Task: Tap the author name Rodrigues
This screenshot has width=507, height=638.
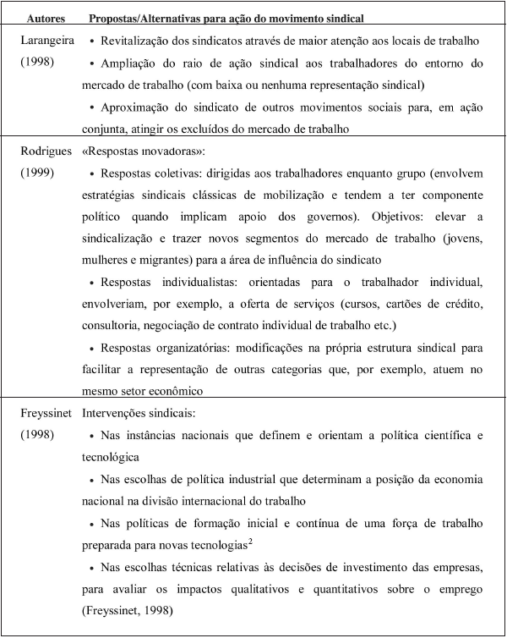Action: (49, 151)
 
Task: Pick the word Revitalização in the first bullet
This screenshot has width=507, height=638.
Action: (137, 40)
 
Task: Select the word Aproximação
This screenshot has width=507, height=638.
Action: (138, 107)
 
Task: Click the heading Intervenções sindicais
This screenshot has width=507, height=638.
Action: (138, 415)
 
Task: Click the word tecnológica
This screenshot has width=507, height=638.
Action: (110, 458)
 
